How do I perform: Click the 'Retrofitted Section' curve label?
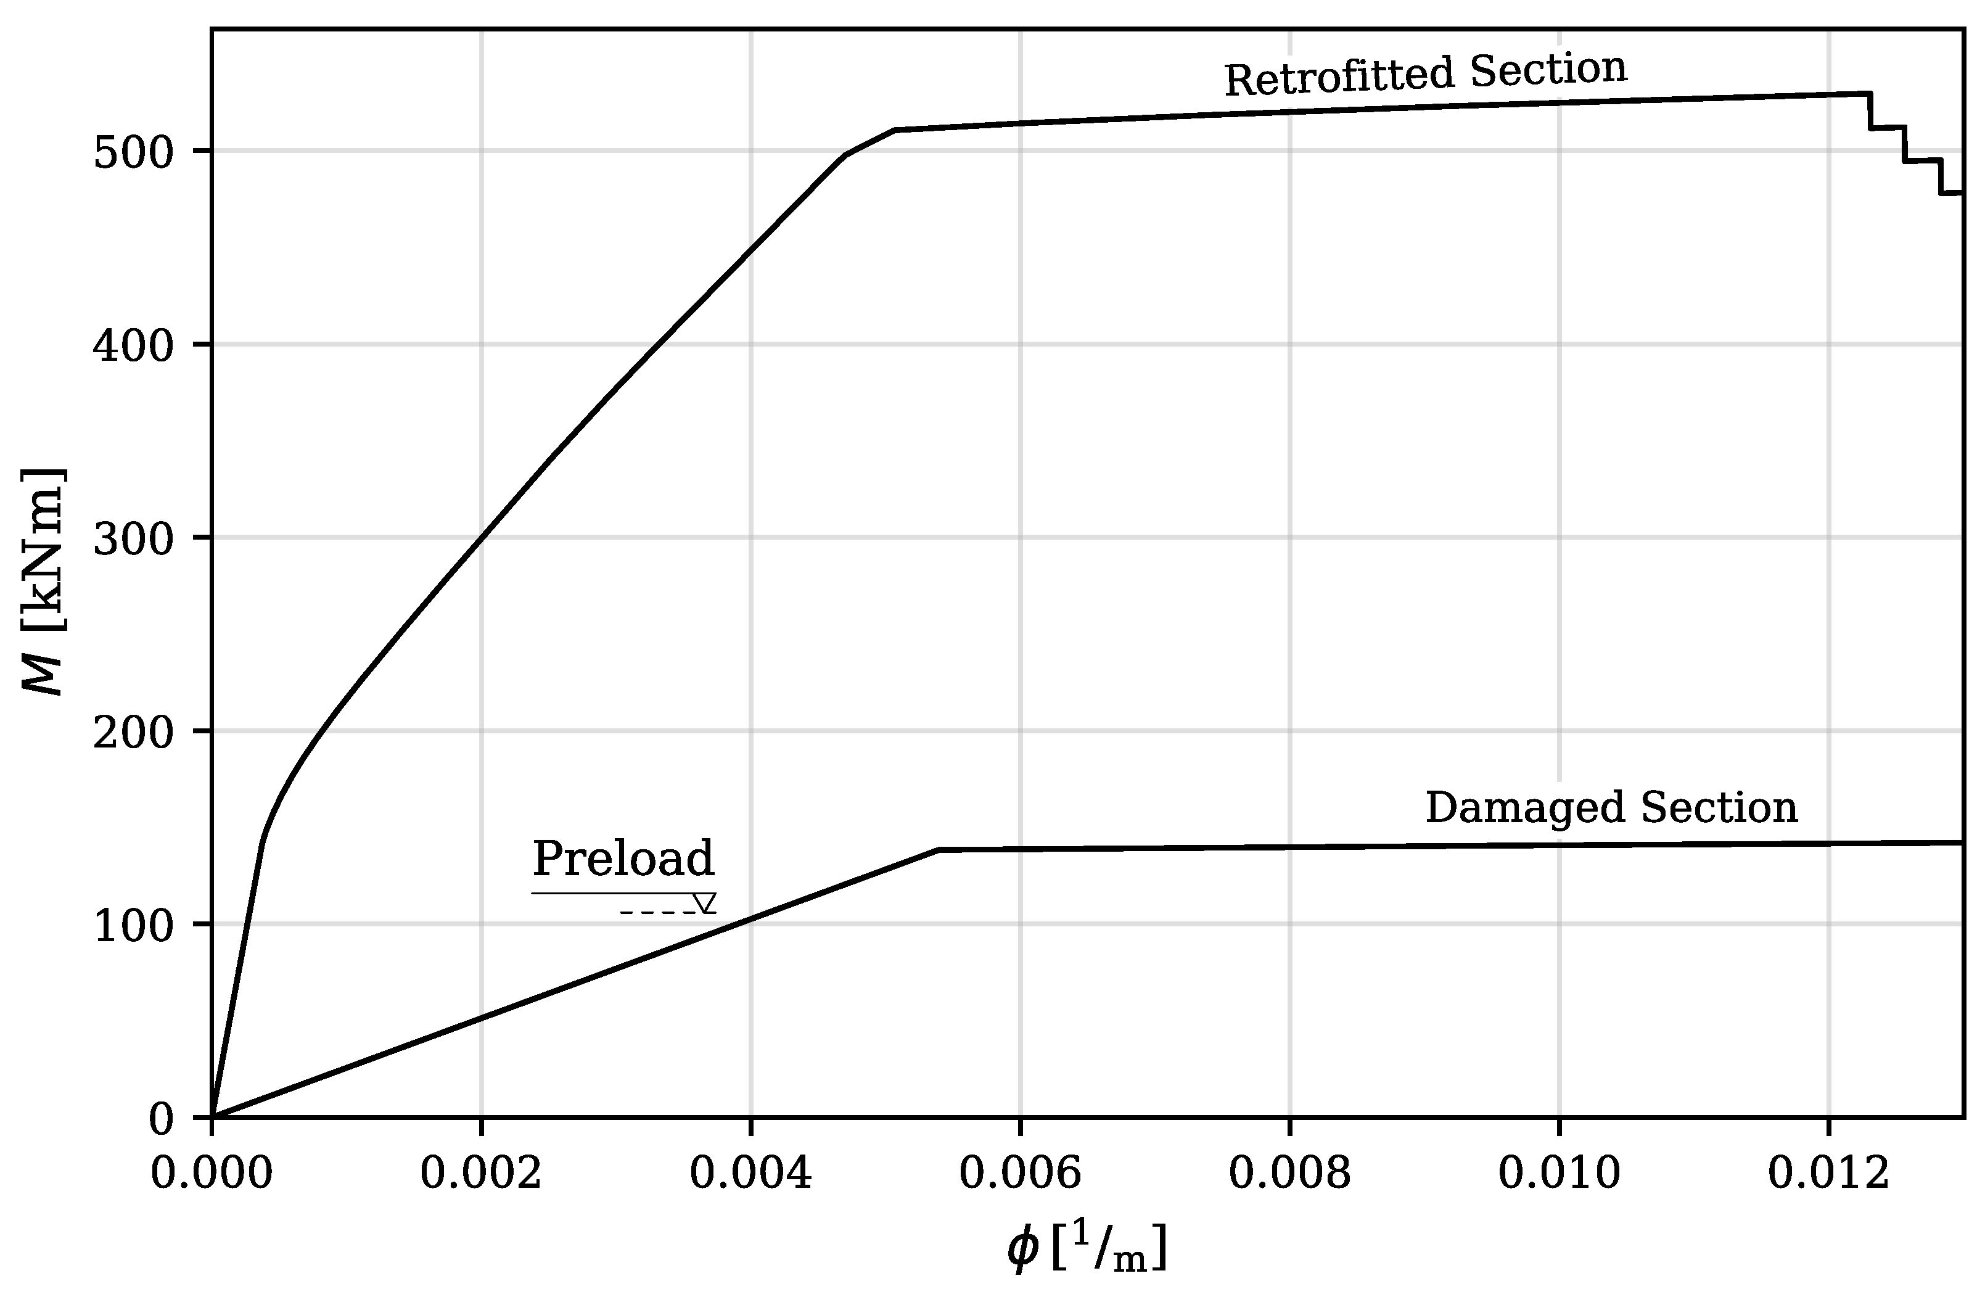[x=1424, y=75]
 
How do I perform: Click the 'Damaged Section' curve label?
[x=1611, y=807]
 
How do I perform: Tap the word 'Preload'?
[x=623, y=858]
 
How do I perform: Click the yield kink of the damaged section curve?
[x=939, y=850]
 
